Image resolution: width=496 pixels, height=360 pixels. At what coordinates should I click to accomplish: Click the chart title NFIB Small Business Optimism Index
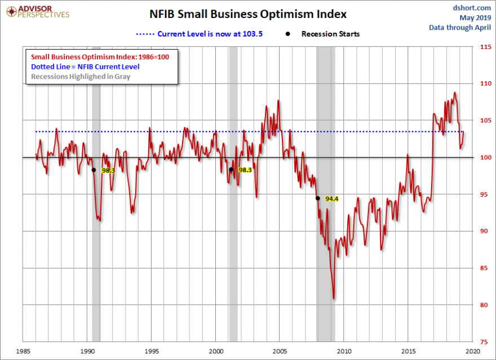coord(248,14)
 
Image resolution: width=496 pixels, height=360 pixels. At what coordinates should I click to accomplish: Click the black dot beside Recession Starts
coord(289,34)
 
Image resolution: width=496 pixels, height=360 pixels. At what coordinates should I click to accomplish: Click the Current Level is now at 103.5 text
coord(210,34)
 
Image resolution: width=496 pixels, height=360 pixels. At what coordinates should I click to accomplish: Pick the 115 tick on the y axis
coord(484,47)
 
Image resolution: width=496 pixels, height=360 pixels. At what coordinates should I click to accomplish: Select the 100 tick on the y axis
coord(484,158)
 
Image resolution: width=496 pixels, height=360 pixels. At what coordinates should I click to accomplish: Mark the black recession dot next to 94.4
coord(318,198)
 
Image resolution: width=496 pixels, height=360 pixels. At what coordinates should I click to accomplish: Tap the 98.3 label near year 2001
coord(245,170)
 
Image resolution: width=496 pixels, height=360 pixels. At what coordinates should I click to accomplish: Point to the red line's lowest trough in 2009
coord(334,299)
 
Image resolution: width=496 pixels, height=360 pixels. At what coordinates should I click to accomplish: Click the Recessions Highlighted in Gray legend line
coord(81,76)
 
